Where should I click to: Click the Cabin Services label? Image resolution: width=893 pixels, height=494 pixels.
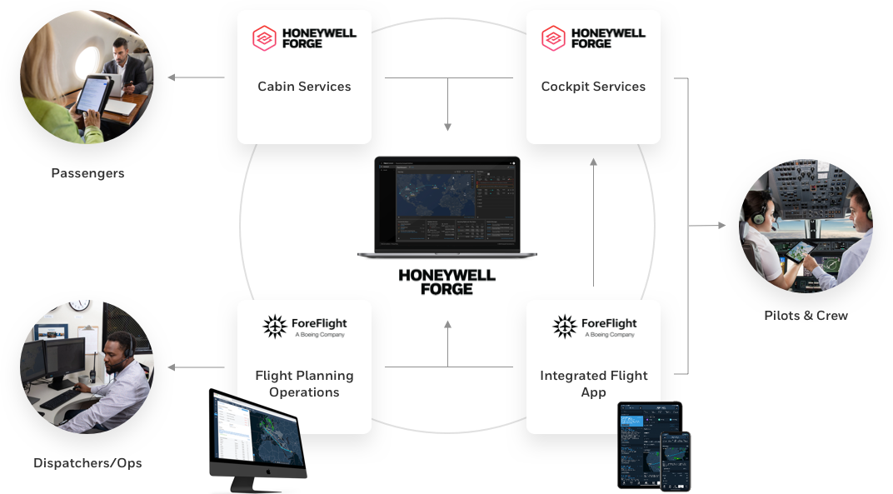pyautogui.click(x=304, y=87)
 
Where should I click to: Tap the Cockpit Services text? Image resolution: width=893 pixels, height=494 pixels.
pyautogui.click(x=593, y=87)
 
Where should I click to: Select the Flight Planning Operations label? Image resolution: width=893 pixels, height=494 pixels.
pyautogui.click(x=304, y=384)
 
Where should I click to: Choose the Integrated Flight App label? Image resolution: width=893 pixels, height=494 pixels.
pyautogui.click(x=593, y=384)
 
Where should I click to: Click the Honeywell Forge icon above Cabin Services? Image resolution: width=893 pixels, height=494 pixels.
pyautogui.click(x=265, y=38)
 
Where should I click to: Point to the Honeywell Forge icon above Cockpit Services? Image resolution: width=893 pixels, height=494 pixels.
pyautogui.click(x=554, y=38)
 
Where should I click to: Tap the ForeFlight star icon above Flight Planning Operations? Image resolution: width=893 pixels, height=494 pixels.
pyautogui.click(x=275, y=327)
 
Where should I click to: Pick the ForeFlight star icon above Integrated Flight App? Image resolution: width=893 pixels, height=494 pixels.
pyautogui.click(x=565, y=327)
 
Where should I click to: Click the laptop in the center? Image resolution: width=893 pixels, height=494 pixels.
pyautogui.click(x=447, y=207)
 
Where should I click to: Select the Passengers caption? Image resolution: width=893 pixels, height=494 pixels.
pyautogui.click(x=87, y=174)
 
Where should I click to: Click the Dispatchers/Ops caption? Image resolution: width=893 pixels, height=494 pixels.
pyautogui.click(x=87, y=463)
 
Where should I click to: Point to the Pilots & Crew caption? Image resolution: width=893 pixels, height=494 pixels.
pyautogui.click(x=806, y=316)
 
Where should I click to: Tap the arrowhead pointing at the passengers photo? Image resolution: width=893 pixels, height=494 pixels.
pyautogui.click(x=172, y=78)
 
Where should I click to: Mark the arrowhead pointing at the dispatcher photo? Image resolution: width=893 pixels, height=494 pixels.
pyautogui.click(x=172, y=367)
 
